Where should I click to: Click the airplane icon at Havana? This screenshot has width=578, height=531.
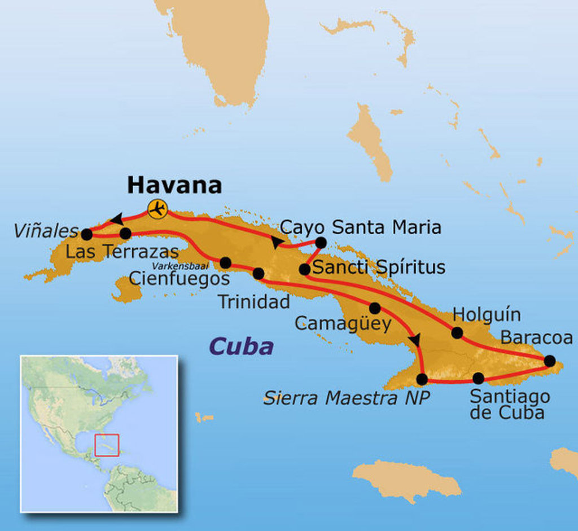tap(157, 209)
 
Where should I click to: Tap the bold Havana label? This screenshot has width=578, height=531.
tap(174, 185)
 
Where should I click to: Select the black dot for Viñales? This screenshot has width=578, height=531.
tap(86, 234)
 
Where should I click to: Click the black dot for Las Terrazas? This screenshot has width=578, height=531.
tap(125, 233)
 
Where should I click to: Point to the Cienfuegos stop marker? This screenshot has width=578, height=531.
tap(225, 262)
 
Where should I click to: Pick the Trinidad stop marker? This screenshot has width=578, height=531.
tap(259, 274)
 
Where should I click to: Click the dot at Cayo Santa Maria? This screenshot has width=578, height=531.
tap(320, 243)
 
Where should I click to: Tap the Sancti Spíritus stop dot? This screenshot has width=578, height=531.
tap(304, 270)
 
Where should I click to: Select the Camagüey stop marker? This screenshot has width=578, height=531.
tap(374, 308)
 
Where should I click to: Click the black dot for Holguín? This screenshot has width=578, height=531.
tap(457, 333)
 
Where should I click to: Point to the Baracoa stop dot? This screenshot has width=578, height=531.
tap(549, 361)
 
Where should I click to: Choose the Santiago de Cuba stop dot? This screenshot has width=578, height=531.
tap(478, 378)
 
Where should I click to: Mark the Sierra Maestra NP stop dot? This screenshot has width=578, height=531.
tap(422, 379)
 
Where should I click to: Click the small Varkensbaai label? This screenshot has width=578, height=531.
tap(183, 266)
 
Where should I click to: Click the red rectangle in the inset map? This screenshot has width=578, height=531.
tap(107, 445)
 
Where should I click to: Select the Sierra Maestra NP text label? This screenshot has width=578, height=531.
tap(347, 398)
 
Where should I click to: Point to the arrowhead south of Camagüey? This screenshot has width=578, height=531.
tap(415, 340)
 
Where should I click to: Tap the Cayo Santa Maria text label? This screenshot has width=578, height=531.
tap(361, 227)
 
